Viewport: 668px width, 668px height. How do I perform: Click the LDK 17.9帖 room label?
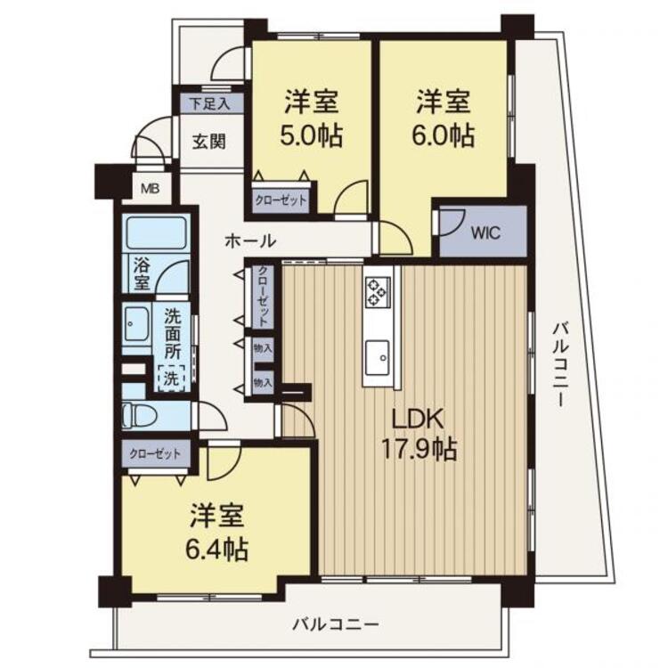tap(420, 435)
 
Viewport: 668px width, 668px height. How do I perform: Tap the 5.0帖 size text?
tap(311, 136)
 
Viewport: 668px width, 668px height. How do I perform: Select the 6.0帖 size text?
tap(443, 136)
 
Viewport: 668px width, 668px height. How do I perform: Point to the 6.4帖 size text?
tap(216, 550)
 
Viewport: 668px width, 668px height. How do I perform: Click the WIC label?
tap(485, 233)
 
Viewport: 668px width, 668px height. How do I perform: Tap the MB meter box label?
tap(150, 188)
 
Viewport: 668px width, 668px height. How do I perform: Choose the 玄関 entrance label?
tap(208, 142)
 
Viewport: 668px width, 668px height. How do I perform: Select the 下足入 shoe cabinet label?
tap(209, 104)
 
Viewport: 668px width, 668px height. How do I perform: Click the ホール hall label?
tap(250, 241)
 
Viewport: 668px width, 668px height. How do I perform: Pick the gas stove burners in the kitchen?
tap(378, 292)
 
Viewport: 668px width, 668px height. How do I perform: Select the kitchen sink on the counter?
tap(377, 357)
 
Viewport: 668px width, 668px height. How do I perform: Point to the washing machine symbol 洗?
tap(171, 378)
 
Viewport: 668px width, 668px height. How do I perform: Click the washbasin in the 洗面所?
tap(136, 325)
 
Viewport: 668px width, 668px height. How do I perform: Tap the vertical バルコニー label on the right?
tap(560, 365)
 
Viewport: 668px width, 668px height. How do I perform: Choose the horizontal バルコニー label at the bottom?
tap(336, 624)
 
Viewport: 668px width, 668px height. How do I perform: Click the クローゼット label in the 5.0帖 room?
tap(281, 200)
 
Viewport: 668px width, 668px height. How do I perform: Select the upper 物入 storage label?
tap(263, 348)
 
